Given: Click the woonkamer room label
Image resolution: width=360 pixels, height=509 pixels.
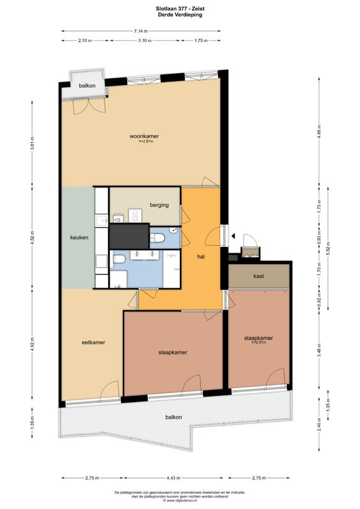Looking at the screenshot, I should point(144,136).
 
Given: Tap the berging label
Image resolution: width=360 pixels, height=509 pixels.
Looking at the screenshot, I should point(159,205).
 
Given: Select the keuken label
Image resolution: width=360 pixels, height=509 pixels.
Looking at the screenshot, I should point(79,238).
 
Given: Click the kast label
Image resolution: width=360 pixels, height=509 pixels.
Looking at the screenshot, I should point(258,276).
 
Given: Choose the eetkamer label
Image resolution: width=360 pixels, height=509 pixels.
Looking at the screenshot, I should point(93,342).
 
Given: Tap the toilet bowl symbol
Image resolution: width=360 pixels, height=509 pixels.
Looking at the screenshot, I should point(159,237).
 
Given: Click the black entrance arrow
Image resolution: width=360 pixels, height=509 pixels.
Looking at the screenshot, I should point(233,236).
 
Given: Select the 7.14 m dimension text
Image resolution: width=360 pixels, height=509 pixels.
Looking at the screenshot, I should point(141,31).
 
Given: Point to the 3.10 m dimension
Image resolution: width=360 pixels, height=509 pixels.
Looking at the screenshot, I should point(146,40).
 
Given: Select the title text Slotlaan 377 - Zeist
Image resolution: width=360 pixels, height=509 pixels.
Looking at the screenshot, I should point(179,8).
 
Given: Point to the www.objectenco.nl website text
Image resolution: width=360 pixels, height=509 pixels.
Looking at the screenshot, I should point(179,501).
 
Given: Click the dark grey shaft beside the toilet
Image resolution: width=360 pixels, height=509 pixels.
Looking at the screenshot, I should point(129,237).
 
